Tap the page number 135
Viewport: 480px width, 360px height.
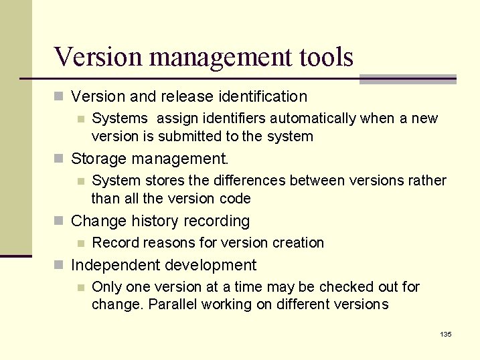click(x=446, y=334)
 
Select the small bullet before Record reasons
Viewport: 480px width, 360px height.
click(x=80, y=243)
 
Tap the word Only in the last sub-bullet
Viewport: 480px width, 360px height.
click(x=105, y=287)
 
